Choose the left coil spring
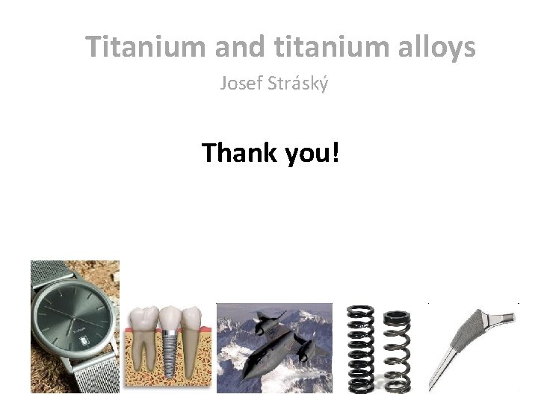[362, 347]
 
